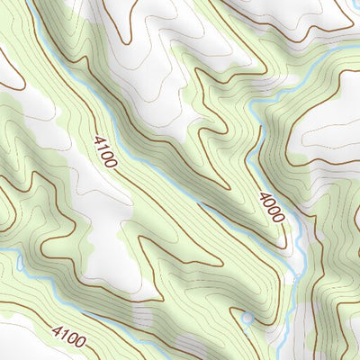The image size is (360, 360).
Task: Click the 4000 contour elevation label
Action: [x=271, y=208]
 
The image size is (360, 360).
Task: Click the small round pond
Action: [x=246, y=317]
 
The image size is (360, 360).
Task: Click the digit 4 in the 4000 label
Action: [x=263, y=196]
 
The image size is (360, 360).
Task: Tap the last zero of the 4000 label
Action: [x=279, y=220]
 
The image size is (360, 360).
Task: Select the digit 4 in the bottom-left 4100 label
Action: [x=54, y=332]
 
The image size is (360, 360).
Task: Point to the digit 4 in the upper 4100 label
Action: [x=97, y=138]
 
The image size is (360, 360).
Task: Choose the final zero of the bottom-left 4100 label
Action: [x=82, y=341]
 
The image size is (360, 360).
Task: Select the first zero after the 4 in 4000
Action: [x=268, y=204]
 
